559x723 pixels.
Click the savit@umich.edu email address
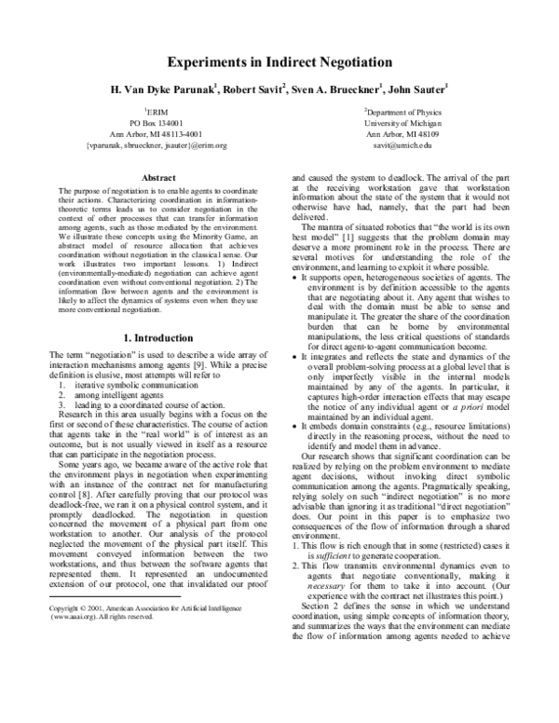coord(403,144)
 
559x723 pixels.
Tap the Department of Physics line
coord(403,111)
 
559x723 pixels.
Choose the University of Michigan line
coord(403,122)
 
